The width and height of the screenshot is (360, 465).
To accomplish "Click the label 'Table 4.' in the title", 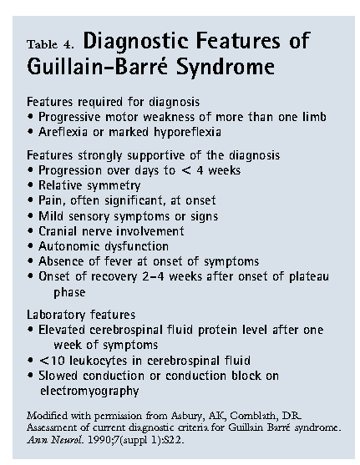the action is [50, 44].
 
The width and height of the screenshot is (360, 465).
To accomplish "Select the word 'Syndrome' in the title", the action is [226, 67].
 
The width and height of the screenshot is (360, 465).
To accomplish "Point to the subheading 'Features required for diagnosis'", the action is [113, 102].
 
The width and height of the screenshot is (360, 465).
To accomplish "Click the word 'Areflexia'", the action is [63, 132].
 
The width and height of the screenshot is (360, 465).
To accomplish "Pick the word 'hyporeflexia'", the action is [187, 132].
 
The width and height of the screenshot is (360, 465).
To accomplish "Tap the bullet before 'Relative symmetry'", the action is [30, 184].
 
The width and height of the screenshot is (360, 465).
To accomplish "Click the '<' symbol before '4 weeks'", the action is [186, 171].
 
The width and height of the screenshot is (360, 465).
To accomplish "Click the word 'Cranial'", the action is [58, 230].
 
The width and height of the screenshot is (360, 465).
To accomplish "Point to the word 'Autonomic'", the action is [65, 246].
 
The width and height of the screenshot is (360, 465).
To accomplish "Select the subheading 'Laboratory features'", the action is [81, 315].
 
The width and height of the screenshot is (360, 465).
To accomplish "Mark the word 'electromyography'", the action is [89, 392].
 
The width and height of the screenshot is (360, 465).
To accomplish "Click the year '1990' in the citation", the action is [99, 439].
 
